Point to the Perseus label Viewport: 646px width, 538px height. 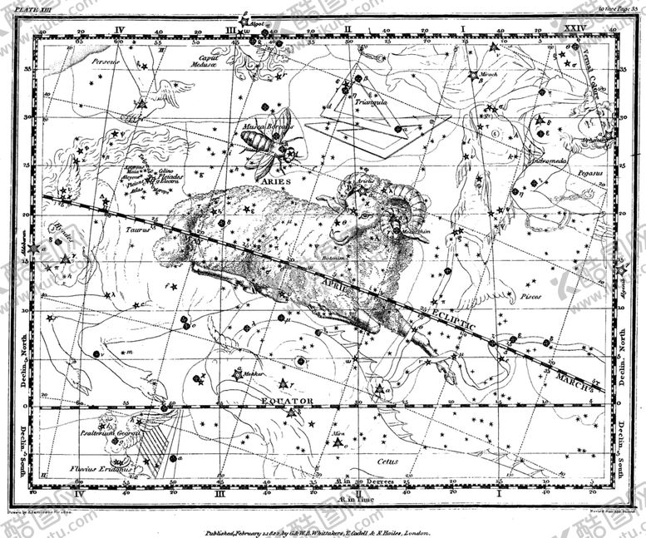click(106, 62)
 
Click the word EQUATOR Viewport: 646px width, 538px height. click(288, 401)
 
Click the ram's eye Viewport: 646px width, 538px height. click(359, 215)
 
